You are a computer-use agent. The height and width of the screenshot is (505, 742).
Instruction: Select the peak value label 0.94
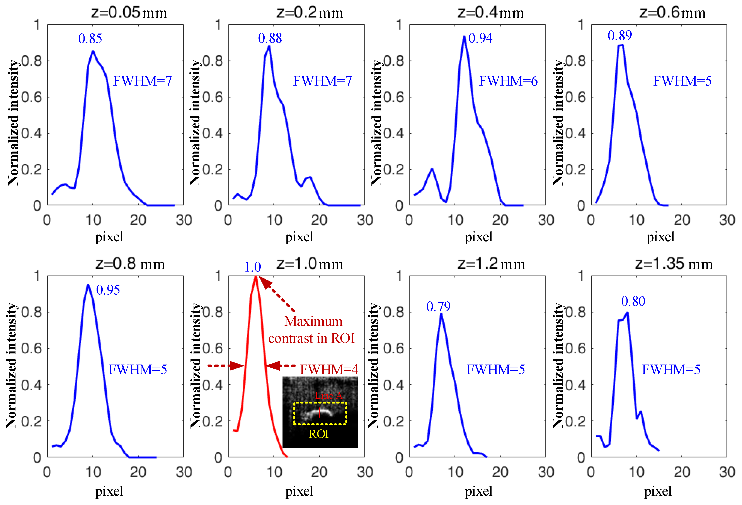pos(480,38)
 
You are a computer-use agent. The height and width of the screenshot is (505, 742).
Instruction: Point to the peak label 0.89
pos(619,35)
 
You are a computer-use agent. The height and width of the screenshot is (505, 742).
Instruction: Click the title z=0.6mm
pos(672,13)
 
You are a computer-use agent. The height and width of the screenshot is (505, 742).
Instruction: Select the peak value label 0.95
pos(108,290)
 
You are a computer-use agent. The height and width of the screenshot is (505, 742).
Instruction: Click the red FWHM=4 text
pos(329,369)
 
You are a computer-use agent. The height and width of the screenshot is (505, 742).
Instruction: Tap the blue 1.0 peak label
pos(253,267)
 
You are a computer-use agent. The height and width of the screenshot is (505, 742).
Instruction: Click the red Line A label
pos(328,396)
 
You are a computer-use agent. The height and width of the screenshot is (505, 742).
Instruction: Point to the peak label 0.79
pos(438,307)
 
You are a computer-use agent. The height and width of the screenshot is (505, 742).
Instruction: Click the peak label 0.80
pos(633,301)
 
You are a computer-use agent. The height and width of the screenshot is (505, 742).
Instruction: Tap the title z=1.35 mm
pos(674,264)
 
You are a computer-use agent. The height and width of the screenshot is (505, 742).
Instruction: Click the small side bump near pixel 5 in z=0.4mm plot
pos(432,169)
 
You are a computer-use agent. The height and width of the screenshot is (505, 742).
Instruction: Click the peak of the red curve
pos(255,277)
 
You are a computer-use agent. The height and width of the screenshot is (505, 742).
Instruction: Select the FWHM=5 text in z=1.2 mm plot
pos(495,369)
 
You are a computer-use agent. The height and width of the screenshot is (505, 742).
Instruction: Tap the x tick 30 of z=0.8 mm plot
pos(184,472)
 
